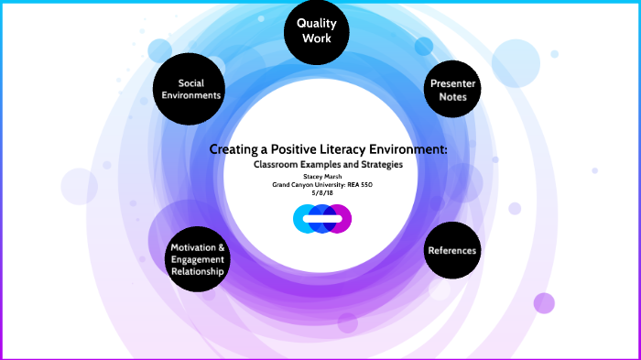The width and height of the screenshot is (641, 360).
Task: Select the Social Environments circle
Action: click(x=189, y=89)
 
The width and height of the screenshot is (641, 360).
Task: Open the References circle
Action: click(x=452, y=249)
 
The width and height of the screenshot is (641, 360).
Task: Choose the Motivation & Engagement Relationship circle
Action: click(x=197, y=258)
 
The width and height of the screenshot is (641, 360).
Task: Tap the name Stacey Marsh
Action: click(x=321, y=176)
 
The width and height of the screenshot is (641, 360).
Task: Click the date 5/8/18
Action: click(x=321, y=192)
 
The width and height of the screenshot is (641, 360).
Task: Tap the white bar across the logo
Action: click(x=321, y=219)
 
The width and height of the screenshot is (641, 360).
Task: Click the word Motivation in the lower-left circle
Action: click(x=197, y=247)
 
